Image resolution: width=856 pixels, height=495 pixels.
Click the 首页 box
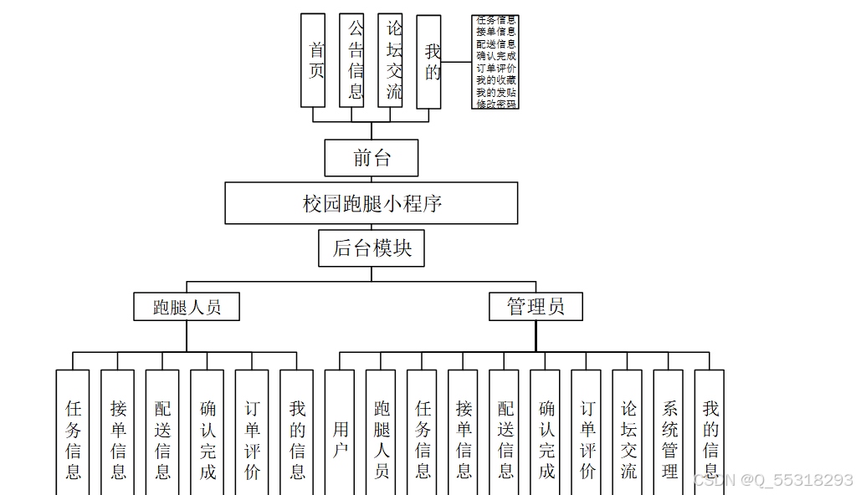pyautogui.click(x=313, y=60)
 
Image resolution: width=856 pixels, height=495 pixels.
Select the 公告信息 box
pyautogui.click(x=351, y=60)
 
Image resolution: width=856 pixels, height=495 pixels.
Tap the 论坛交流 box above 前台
pyautogui.click(x=390, y=60)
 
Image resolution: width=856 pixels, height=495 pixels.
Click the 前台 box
pyautogui.click(x=371, y=157)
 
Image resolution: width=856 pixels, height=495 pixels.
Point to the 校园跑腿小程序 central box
pyautogui.click(x=371, y=203)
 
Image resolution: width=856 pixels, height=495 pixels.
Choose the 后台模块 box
pyautogui.click(x=371, y=248)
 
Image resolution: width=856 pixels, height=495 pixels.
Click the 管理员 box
pyautogui.click(x=536, y=307)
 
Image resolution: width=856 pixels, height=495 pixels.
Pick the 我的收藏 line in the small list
pyautogui.click(x=495, y=80)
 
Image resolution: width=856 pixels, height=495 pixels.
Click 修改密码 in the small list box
pyautogui.click(x=495, y=104)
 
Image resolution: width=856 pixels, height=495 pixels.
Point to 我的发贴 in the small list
pyautogui.click(x=495, y=92)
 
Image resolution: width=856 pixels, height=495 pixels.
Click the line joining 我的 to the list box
pyautogui.click(x=456, y=62)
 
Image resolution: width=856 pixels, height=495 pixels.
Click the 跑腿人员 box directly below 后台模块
pyautogui.click(x=187, y=307)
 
